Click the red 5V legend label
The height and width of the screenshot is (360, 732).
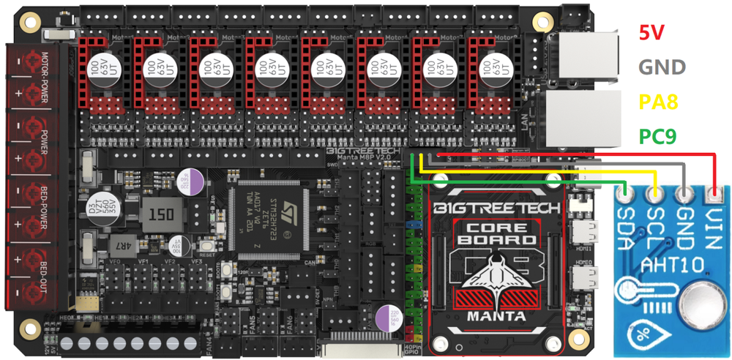click(653, 32)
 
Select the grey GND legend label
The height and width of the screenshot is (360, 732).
click(662, 67)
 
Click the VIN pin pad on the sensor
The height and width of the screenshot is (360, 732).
click(714, 195)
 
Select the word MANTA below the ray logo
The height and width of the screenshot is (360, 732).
click(499, 316)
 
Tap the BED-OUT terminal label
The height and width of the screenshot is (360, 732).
click(45, 277)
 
